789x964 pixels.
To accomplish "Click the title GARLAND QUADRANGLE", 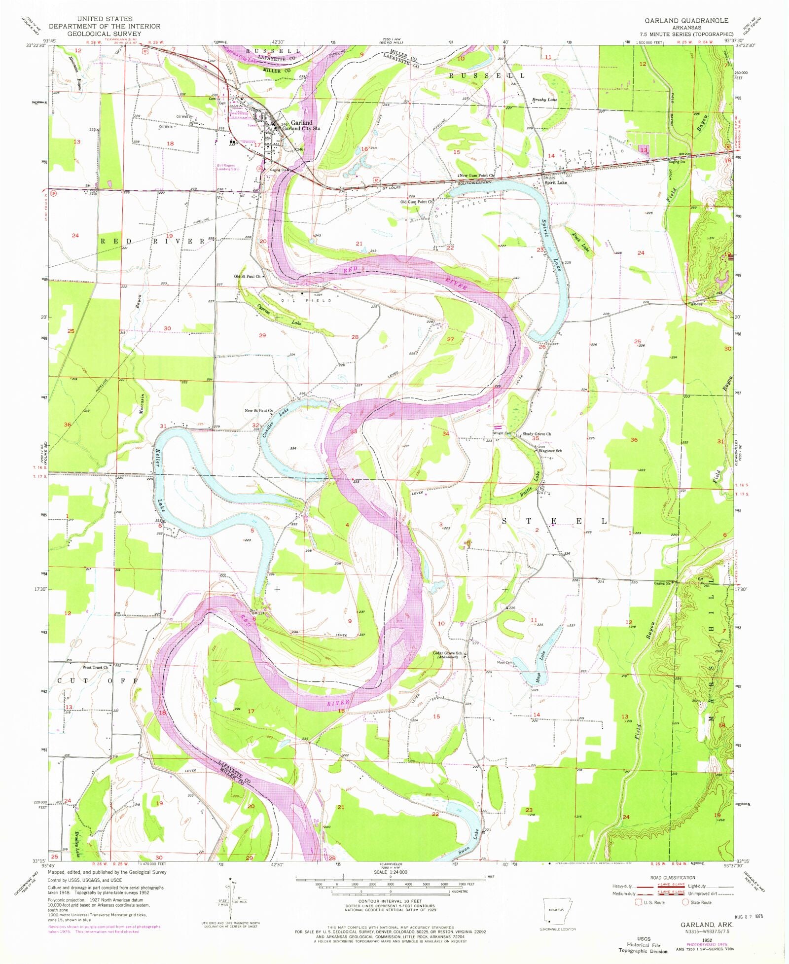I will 686,20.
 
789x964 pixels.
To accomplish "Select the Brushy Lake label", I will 544,100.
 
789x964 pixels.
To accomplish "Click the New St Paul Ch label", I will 258,410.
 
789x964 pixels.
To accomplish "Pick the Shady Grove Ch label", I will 537,434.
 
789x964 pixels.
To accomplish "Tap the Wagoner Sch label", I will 550,451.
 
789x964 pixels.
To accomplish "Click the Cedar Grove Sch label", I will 448,654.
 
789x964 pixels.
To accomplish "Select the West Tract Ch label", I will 95,667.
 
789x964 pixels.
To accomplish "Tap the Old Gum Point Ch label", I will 417,202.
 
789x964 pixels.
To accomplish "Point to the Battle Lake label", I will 531,485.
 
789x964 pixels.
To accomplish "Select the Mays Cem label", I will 505,662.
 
